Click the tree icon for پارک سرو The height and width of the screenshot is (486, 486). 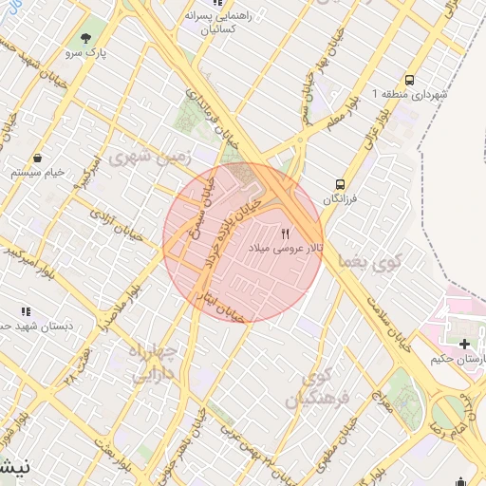(x=86, y=39)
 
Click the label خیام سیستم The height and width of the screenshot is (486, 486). (x=38, y=173)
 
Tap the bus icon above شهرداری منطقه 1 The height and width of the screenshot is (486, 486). (x=409, y=80)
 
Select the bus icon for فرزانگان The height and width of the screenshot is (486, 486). (x=339, y=185)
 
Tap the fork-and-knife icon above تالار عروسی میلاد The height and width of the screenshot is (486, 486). (x=286, y=234)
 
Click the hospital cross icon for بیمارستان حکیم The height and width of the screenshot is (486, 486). (x=463, y=344)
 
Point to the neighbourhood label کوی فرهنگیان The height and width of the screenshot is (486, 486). (x=327, y=386)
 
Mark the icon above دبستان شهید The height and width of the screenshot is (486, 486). (x=26, y=310)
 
